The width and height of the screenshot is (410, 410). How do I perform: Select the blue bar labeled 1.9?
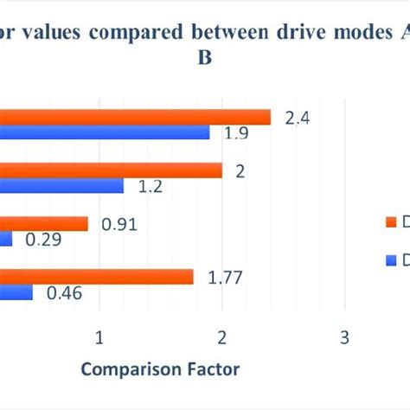[x=105, y=132]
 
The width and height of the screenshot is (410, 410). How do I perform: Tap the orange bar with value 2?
[x=111, y=170]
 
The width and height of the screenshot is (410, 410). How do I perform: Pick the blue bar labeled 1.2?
[x=61, y=185]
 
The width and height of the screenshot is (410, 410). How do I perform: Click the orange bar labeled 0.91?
[x=44, y=224]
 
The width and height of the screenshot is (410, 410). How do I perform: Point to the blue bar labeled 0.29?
[x=7, y=239]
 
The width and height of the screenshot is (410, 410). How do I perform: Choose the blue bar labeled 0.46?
[x=16, y=292]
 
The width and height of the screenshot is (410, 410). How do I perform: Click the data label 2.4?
[x=297, y=118]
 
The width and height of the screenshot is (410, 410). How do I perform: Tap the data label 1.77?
[x=226, y=278]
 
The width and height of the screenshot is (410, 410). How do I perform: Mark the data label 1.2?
[x=150, y=186]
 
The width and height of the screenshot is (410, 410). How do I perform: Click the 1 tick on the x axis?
[x=99, y=336]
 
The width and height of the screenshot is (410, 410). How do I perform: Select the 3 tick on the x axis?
[x=344, y=336]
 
